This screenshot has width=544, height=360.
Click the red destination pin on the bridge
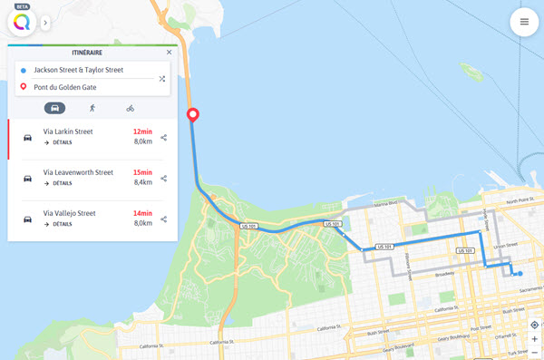click(191, 116)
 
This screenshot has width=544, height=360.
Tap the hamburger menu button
click(524, 21)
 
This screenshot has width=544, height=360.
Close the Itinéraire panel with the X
click(169, 53)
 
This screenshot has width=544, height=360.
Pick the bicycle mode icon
click(131, 108)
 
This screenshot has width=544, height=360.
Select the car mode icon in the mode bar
click(54, 108)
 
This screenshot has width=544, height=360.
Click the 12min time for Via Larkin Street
click(141, 131)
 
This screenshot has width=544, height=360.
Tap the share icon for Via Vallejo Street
click(164, 219)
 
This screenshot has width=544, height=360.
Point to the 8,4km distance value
click(142, 182)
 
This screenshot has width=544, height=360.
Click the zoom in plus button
click(535, 339)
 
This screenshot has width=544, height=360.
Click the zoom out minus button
click(535, 352)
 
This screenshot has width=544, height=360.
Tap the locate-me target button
click(535, 325)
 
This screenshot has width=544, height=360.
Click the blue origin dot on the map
click(520, 273)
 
